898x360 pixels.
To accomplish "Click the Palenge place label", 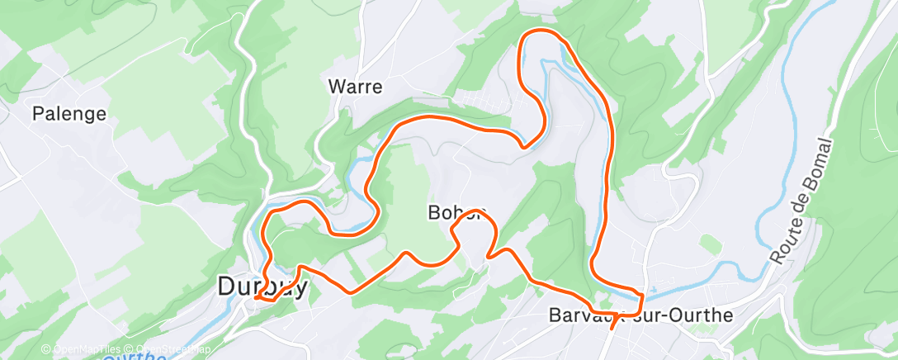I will [69, 114].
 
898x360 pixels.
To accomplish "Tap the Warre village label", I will [355, 86].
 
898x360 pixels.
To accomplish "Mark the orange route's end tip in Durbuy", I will [258, 296].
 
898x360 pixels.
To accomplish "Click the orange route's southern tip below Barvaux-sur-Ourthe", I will [612, 328].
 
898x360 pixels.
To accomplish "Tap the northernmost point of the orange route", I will [541, 31].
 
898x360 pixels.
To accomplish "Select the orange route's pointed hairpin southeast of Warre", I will [522, 147].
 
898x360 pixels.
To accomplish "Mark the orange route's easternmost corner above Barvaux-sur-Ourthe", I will [641, 295].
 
